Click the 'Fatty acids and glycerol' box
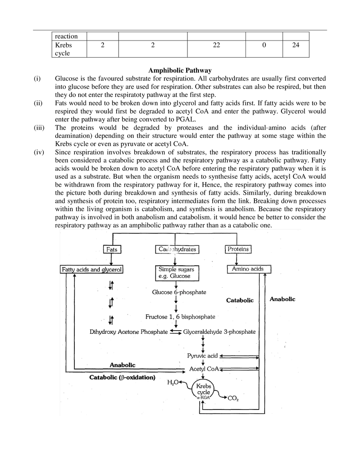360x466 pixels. (92, 269)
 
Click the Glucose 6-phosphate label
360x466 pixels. (179, 292)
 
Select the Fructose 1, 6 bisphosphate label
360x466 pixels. (180, 317)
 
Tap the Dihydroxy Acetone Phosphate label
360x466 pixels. (128, 332)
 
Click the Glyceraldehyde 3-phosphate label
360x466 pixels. (220, 332)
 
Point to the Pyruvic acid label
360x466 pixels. (202, 356)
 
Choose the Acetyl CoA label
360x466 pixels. (204, 369)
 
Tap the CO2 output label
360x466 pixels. (232, 398)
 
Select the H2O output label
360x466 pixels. (173, 382)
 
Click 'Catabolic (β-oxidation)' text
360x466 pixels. (122, 377)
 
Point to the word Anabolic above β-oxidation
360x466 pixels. (122, 365)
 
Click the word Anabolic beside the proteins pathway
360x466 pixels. (282, 299)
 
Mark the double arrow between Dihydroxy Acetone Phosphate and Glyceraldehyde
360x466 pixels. (175, 332)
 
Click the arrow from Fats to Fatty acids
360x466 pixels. (110, 259)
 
